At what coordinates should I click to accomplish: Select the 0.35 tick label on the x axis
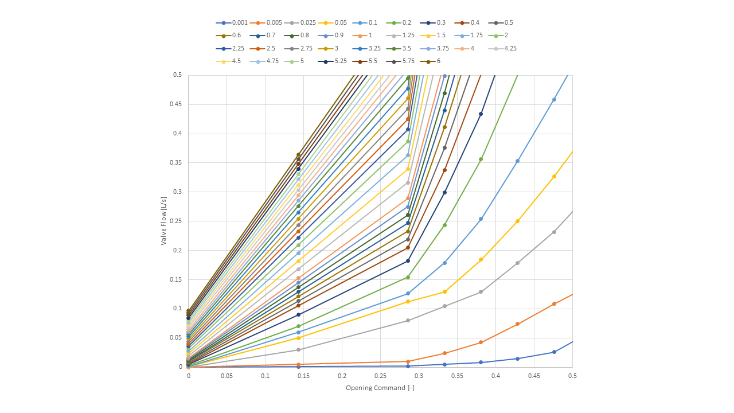coord(457,376)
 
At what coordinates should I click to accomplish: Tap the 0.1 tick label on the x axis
coord(265,376)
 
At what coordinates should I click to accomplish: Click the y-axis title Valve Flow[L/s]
coord(163,221)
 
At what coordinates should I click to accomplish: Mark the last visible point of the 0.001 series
coord(554,352)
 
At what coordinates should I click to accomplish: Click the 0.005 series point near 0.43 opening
coord(517,324)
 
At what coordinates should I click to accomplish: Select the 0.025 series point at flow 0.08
coord(408,320)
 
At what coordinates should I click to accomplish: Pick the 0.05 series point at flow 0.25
coord(517,221)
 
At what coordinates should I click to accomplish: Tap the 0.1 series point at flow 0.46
coord(554,100)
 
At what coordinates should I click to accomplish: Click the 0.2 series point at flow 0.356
coord(481,159)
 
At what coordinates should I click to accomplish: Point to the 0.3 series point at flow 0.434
coord(481,114)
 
